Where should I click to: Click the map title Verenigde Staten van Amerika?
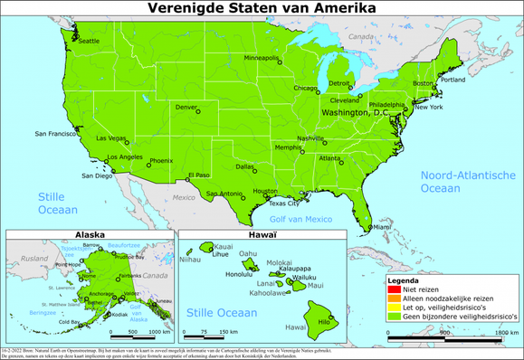point(262,9)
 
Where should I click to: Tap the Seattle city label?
point(90,41)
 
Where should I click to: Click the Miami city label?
point(383,214)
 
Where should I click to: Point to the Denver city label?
point(186,107)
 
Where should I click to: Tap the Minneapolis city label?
point(262,57)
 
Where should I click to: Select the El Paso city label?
point(198,175)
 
